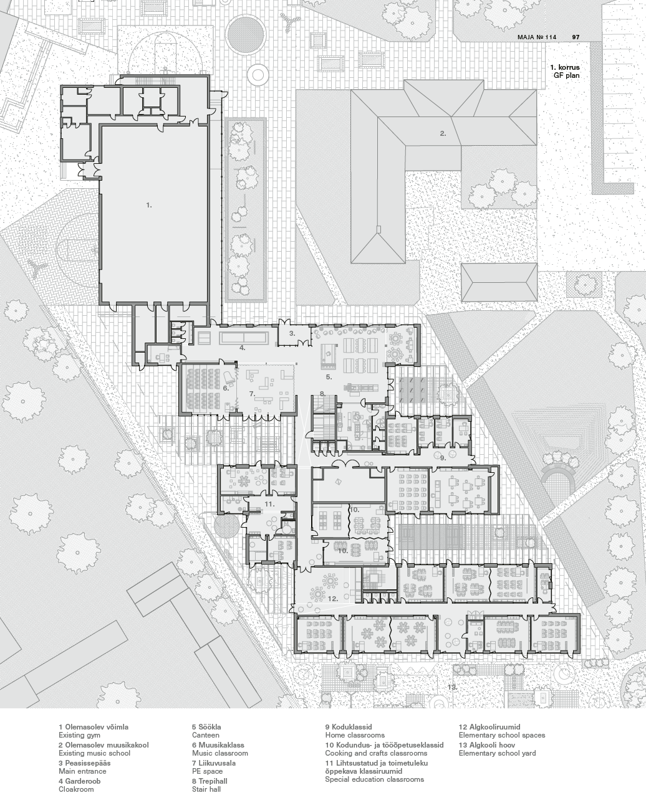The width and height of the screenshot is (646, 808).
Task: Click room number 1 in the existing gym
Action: pos(149,205)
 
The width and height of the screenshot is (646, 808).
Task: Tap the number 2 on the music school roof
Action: pos(443,133)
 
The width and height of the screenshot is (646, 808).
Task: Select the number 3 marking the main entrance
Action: pos(292,333)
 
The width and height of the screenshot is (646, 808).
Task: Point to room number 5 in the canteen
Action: pos(329,377)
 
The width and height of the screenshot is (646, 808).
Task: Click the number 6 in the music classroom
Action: pos(226,388)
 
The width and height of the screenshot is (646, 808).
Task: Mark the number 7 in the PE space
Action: pos(252,394)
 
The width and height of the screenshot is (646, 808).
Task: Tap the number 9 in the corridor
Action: pos(443,458)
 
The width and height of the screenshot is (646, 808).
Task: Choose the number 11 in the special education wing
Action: pos(269,504)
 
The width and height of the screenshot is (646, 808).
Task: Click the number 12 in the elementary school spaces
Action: pos(333,599)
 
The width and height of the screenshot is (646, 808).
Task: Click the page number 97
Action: pos(576,37)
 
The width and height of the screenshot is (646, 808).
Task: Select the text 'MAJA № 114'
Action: pos(537,37)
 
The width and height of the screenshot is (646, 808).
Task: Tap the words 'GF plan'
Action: pos(567,75)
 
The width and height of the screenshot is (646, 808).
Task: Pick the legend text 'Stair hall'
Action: pos(206,789)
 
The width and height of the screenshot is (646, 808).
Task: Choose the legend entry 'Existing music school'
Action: pos(94,753)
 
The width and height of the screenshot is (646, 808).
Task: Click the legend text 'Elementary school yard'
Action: pos(497,753)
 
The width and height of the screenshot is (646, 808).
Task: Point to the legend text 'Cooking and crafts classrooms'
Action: pos(376,753)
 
